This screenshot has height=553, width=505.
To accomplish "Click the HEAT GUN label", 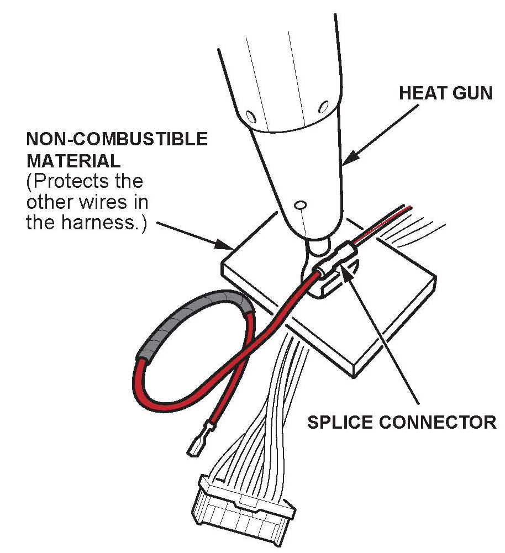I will point(445,93).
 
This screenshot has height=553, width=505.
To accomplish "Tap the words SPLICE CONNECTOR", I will point(402,423).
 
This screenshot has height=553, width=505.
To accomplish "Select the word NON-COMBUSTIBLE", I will point(118,138).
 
